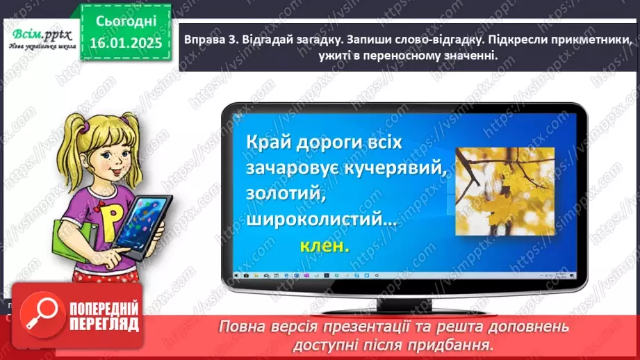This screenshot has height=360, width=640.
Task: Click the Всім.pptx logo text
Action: pyautogui.click(x=38, y=34)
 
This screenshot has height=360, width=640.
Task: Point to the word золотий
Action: pyautogui.click(x=286, y=195)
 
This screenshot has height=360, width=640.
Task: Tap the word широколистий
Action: pyautogui.click(x=319, y=220)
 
